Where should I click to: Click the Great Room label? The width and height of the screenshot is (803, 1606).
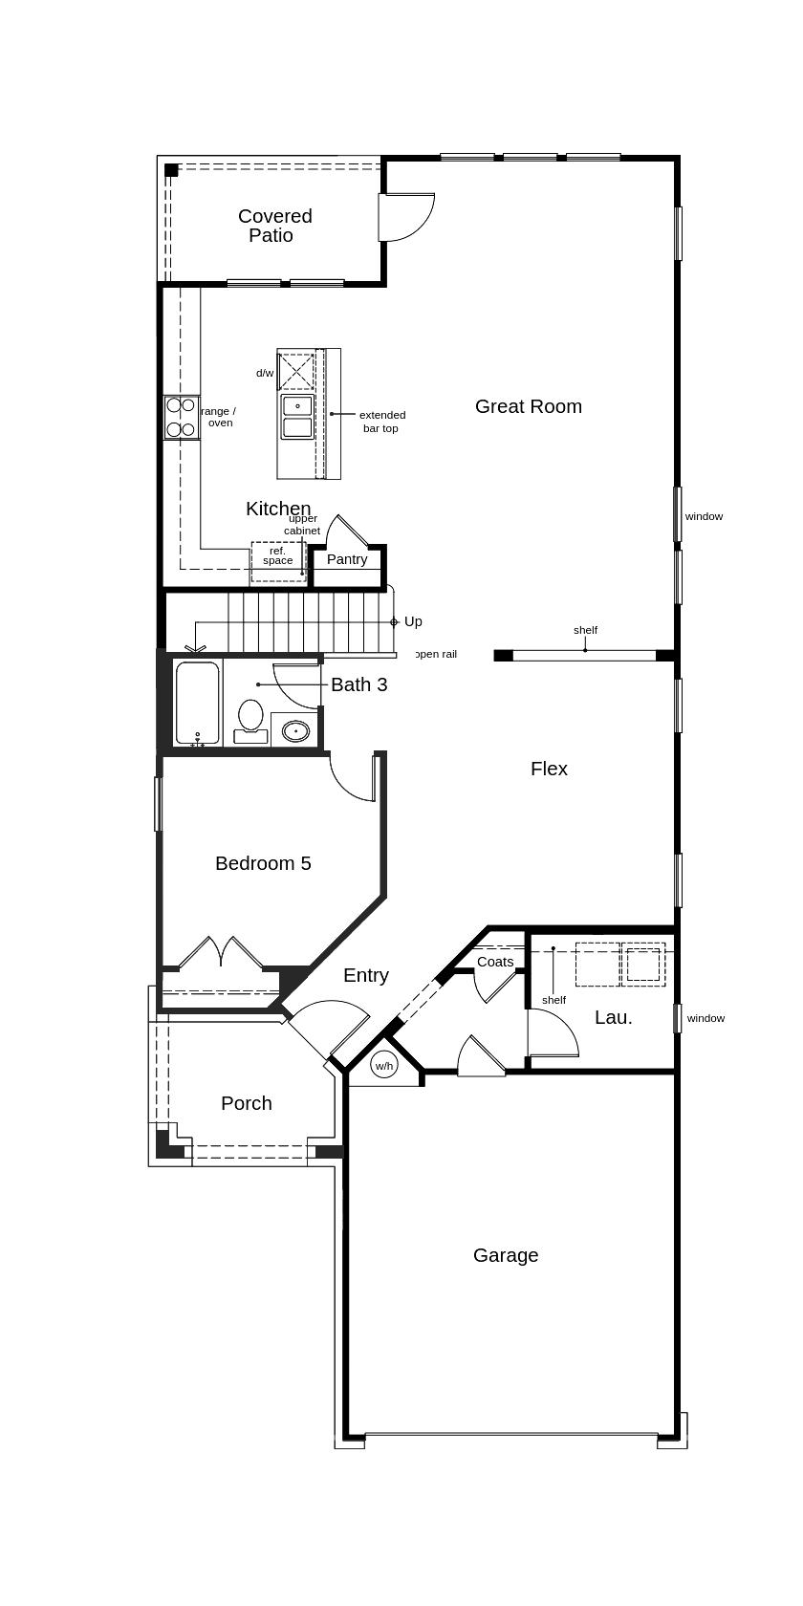tap(529, 406)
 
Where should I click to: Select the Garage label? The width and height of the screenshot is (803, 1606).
tap(506, 1255)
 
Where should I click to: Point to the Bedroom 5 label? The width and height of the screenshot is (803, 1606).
tap(263, 863)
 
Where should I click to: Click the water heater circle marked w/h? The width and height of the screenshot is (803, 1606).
tap(384, 1065)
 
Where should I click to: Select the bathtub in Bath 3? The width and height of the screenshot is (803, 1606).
tap(198, 704)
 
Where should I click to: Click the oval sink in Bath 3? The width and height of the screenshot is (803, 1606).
tap(295, 731)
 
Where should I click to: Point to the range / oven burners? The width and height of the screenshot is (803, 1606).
tap(182, 417)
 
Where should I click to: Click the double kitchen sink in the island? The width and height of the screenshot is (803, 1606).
tap(297, 417)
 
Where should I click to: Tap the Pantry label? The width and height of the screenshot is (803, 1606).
tap(347, 559)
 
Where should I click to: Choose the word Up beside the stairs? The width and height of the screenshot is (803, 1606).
tap(413, 621)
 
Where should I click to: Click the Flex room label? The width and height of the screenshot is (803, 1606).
tap(549, 769)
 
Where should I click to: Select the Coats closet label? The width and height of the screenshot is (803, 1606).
tap(495, 962)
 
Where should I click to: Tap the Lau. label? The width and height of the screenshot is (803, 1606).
tap(614, 1017)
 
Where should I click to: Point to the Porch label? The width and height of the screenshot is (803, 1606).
tap(247, 1103)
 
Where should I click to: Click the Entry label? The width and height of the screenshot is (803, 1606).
tap(365, 976)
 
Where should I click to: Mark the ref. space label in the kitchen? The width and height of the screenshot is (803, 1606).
tap(277, 555)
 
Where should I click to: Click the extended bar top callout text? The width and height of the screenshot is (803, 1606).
tap(382, 422)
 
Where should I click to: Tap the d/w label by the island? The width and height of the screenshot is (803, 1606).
tap(265, 373)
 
